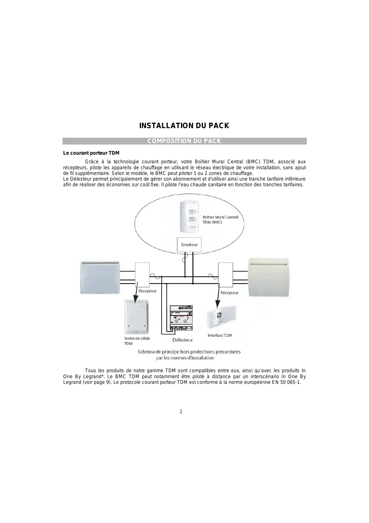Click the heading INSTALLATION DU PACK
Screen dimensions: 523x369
pyautogui.click(x=184, y=126)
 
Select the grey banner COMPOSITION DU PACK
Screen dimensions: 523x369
pyautogui.click(x=184, y=141)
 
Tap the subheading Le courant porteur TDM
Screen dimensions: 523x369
pyautogui.click(x=91, y=153)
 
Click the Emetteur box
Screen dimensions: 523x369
pyautogui.click(x=189, y=245)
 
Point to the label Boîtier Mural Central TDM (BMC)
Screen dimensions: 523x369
pyautogui.click(x=220, y=220)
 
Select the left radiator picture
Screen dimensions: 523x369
pyautogui.click(x=100, y=277)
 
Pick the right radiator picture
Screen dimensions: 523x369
pyautogui.click(x=268, y=277)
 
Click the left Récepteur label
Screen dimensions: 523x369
pyautogui.click(x=148, y=291)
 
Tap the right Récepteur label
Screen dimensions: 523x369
pyautogui.click(x=229, y=293)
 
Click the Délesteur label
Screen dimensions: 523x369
pyautogui.click(x=182, y=340)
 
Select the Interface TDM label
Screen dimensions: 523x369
pyautogui.click(x=220, y=335)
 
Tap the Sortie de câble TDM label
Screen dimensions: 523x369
pyautogui.click(x=137, y=341)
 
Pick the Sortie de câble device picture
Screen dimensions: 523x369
pyautogui.click(x=136, y=317)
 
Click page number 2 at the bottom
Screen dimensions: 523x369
pyautogui.click(x=181, y=412)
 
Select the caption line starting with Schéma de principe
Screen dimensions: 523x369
pyautogui.click(x=189, y=352)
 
